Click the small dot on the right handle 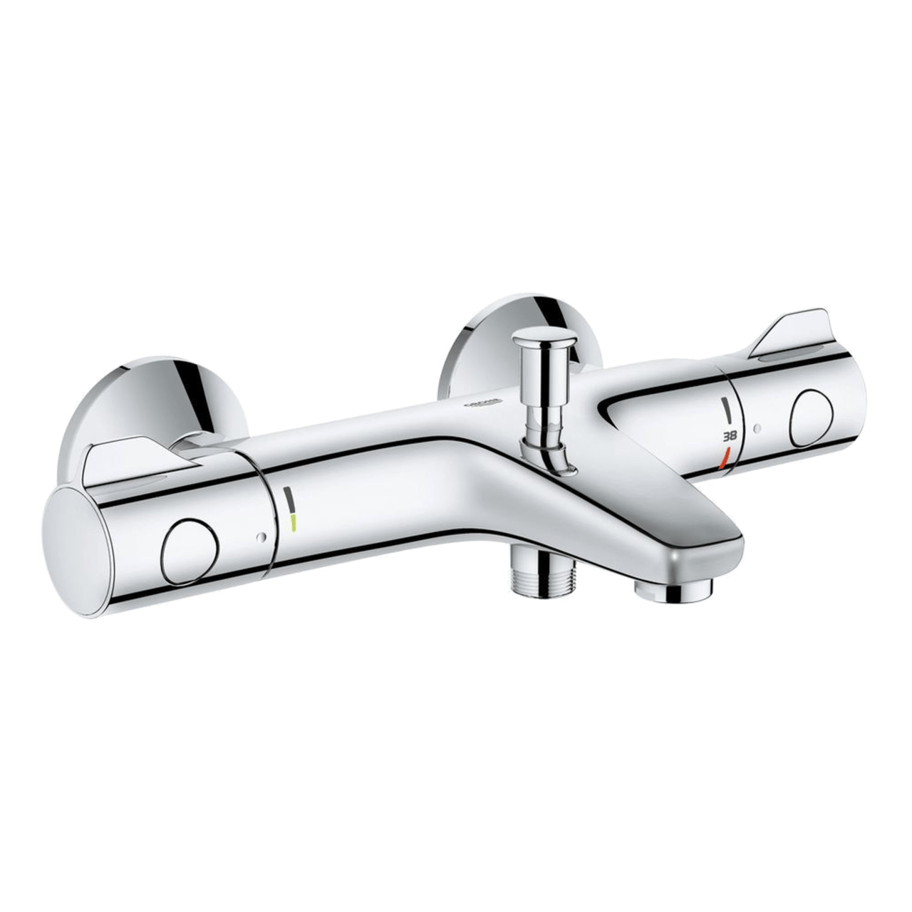tap(757, 429)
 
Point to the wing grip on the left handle tap(128, 463)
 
